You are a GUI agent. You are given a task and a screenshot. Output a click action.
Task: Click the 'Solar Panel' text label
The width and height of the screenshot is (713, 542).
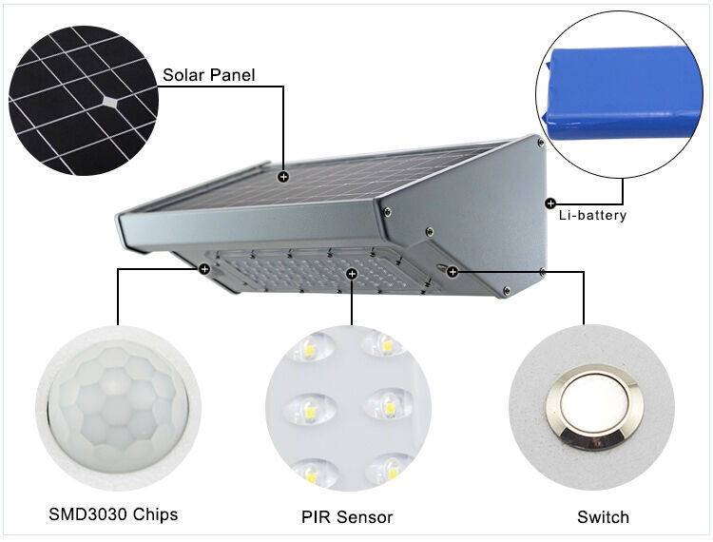[209, 75]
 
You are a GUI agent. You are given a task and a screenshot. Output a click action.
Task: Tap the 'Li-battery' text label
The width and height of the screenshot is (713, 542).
[592, 215]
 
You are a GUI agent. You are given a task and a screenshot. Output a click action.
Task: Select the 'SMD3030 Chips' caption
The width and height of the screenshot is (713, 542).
[113, 514]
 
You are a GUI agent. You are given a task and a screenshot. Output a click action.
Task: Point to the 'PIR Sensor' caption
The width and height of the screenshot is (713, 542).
[347, 517]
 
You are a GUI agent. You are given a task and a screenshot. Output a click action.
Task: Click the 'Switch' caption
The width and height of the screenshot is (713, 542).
[603, 517]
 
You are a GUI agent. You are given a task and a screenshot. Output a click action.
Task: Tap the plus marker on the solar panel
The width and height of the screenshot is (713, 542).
[283, 177]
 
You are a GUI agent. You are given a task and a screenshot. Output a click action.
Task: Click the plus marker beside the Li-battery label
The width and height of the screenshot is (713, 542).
[550, 203]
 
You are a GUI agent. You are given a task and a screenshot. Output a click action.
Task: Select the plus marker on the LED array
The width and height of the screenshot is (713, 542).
[352, 274]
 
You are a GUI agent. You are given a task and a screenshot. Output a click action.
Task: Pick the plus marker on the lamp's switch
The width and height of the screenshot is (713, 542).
[453, 272]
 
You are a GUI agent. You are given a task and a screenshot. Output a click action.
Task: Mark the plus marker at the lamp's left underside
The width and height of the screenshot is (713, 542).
[204, 269]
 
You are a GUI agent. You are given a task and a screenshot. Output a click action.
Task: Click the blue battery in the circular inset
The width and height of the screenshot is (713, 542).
[622, 92]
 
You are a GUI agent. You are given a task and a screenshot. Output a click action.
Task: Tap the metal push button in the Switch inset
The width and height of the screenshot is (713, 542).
[592, 407]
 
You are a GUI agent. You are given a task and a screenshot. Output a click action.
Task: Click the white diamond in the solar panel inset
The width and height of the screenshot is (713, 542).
[109, 102]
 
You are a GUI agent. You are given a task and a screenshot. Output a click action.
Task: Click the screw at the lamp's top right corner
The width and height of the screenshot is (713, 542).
[541, 143]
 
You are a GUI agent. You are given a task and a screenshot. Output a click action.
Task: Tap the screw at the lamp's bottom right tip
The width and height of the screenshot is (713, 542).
[506, 290]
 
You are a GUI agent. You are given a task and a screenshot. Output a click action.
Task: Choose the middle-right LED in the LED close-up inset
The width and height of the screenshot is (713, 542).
[389, 407]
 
